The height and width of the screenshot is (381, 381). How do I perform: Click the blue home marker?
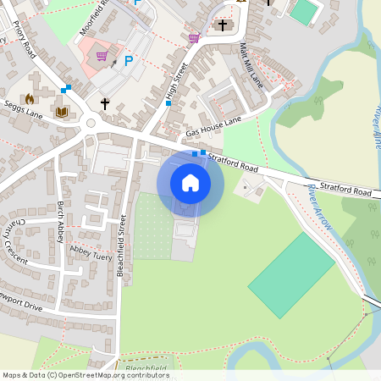click(x=190, y=183)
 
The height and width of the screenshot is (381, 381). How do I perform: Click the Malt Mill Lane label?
click(x=252, y=64)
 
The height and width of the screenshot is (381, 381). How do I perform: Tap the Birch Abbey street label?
click(x=60, y=222)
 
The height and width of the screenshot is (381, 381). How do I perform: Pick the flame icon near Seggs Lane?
click(x=30, y=98)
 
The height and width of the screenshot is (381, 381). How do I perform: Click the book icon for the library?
click(x=61, y=112)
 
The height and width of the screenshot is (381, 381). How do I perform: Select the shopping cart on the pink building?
click(x=103, y=56)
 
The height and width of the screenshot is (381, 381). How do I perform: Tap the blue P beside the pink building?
click(x=129, y=60)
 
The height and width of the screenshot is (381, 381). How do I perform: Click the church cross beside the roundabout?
click(x=105, y=103)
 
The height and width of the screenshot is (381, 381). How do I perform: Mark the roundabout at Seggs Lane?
click(x=91, y=124)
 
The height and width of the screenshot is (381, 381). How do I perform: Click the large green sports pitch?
click(x=290, y=273)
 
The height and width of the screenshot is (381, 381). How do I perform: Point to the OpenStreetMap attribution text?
click(x=86, y=375)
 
